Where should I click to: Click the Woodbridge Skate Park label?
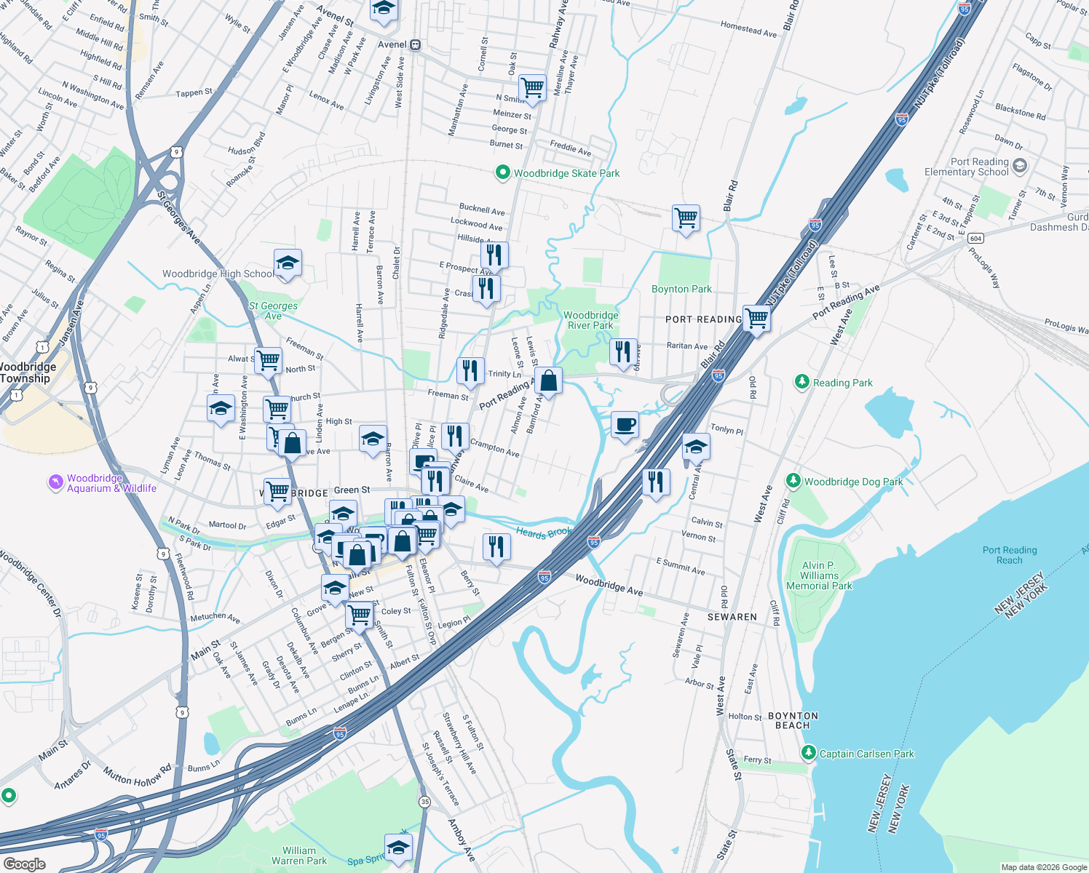click(566, 173)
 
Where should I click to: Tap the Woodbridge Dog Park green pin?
click(793, 481)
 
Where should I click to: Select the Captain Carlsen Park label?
click(866, 754)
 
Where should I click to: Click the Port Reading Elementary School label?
click(966, 167)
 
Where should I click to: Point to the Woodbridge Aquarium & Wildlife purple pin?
click(56, 482)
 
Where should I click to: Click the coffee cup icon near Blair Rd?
click(625, 424)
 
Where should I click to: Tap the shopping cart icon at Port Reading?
click(757, 318)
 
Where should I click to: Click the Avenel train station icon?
click(415, 44)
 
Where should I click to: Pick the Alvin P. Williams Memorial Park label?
click(819, 575)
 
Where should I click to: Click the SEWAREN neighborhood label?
click(732, 617)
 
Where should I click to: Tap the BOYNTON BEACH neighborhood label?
click(793, 720)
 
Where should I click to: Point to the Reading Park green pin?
click(801, 382)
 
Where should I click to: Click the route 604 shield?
click(975, 238)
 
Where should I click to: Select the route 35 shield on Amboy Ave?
click(424, 801)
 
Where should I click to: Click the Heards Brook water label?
click(543, 533)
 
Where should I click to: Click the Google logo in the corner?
click(24, 864)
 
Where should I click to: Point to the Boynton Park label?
click(681, 289)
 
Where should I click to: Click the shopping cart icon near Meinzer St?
click(532, 87)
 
